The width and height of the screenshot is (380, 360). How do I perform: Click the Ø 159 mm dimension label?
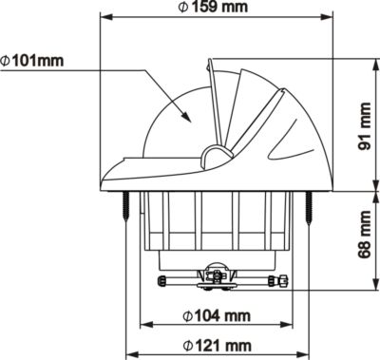click(x=213, y=7)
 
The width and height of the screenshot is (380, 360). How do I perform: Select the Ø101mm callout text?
click(x=32, y=61)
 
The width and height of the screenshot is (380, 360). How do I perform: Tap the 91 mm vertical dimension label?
click(x=364, y=126)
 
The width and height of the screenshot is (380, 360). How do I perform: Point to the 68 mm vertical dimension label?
click(x=364, y=235)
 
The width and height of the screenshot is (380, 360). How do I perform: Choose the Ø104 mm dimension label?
click(x=217, y=315)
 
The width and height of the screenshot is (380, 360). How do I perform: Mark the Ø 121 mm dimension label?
click(x=217, y=346)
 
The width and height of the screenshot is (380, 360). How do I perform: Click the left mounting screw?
click(x=126, y=206)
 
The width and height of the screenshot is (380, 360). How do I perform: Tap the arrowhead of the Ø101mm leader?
click(x=186, y=116)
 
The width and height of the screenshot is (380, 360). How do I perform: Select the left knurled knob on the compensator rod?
click(x=162, y=280)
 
